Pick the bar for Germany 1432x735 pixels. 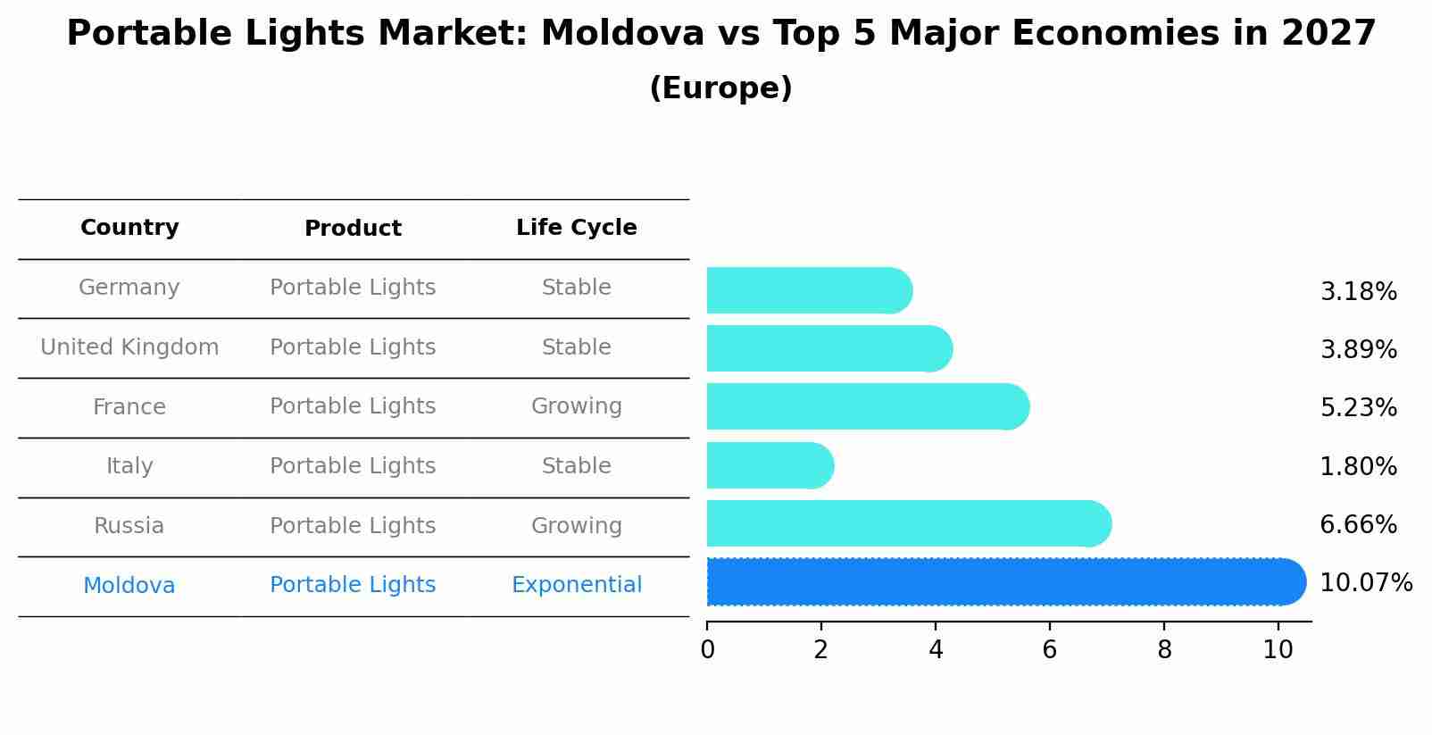coord(809,290)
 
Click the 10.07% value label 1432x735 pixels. coord(1365,583)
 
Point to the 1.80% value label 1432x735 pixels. coord(1358,466)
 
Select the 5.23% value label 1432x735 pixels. coord(1358,408)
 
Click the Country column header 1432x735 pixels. coord(129,228)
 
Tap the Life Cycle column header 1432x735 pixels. coord(576,228)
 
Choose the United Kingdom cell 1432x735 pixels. coord(129,347)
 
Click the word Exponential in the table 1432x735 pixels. coord(576,585)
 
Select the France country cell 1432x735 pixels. coord(129,407)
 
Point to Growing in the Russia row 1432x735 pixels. coord(576,526)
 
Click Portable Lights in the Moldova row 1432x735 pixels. coord(353,585)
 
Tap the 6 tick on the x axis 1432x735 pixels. coord(1050,650)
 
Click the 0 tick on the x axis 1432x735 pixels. coord(707,650)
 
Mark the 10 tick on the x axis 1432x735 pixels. coord(1278,650)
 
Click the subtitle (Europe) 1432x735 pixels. coord(720,88)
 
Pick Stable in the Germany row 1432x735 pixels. coord(576,288)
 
